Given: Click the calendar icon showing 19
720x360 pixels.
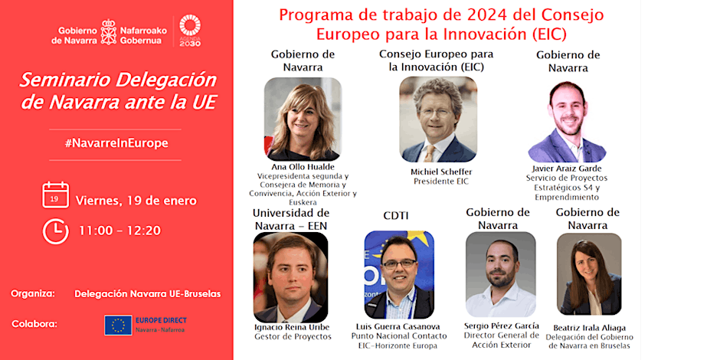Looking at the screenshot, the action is (x=56, y=195).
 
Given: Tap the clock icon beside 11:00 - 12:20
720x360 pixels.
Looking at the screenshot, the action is (x=56, y=231).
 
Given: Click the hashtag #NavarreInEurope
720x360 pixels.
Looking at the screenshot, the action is (x=116, y=143).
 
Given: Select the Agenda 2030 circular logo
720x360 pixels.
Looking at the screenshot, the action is (x=190, y=31).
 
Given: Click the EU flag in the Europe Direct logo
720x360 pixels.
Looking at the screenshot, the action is (x=118, y=325).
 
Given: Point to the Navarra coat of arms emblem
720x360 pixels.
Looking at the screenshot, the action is (x=108, y=32).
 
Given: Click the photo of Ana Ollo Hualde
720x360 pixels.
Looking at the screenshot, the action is (x=303, y=119).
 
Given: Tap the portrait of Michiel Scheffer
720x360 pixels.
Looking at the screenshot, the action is (x=438, y=119).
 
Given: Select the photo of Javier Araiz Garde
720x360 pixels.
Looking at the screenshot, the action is (x=567, y=122).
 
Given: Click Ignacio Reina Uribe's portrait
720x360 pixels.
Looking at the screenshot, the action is (x=290, y=277).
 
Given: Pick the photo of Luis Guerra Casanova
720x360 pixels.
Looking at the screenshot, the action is (x=399, y=274).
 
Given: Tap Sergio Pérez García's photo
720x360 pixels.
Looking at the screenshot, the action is (x=500, y=274).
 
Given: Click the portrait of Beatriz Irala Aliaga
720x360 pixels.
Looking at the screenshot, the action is (x=589, y=274).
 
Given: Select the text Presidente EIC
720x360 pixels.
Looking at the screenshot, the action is (x=437, y=182).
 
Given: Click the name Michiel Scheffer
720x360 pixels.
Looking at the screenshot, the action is (x=438, y=172).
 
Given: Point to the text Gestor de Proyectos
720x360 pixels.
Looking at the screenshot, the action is (x=293, y=336).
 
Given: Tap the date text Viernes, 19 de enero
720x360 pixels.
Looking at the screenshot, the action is (x=136, y=201).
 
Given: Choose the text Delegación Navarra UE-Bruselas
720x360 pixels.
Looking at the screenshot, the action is (x=148, y=294).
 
